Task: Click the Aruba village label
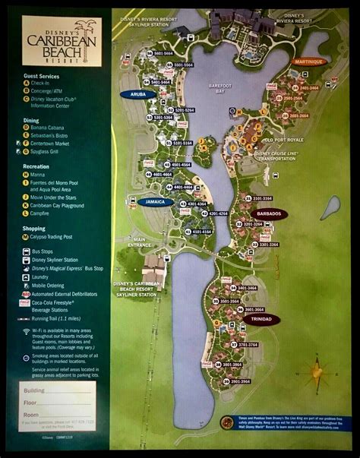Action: point(137,94)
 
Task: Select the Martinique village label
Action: point(307,62)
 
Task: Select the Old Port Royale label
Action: point(283,140)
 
